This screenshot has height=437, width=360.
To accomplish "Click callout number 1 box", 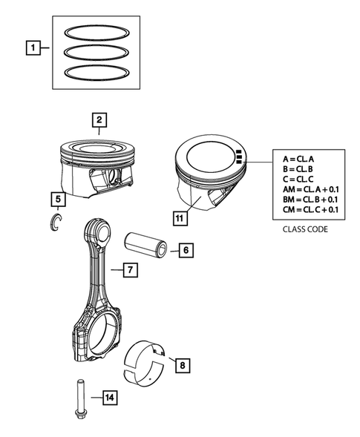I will coord(33,49).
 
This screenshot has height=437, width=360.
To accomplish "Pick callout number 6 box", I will coord(186,251).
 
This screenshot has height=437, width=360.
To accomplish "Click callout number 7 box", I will coord(129,271).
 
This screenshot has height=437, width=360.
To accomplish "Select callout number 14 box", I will coord(108,400).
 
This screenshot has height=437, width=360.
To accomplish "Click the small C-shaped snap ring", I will coord(54,222).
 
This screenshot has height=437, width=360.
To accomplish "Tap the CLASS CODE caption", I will coord(304,229).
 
